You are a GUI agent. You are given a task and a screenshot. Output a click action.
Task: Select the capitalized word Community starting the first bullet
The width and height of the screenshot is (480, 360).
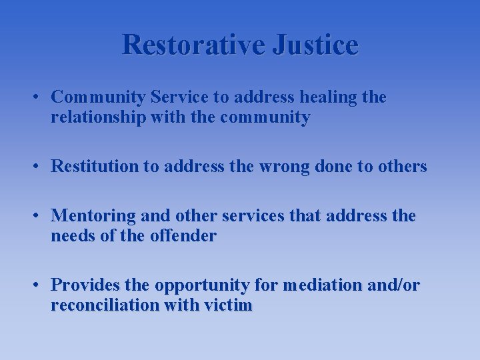[x=99, y=97]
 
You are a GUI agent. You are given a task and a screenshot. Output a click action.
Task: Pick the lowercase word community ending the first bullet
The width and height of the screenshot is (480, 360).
[x=267, y=118]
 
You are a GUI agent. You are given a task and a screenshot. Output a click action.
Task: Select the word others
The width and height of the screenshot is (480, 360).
[x=402, y=167]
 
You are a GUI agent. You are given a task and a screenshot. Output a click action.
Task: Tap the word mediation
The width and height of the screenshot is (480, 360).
[x=318, y=285]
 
